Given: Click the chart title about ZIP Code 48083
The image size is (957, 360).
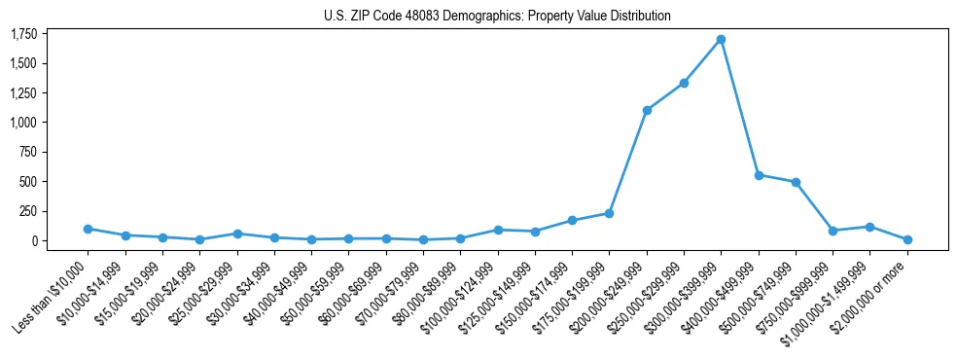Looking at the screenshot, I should (x=497, y=16).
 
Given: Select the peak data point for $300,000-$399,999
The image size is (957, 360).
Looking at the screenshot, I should (x=721, y=40).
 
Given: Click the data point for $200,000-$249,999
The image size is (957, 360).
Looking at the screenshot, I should (x=647, y=110).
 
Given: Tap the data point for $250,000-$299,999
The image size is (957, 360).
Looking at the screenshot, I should (x=684, y=83).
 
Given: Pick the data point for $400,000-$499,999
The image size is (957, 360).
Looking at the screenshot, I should (x=759, y=175).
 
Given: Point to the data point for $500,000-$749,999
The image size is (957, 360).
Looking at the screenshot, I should (x=796, y=182).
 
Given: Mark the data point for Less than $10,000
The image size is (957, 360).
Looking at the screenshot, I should (x=88, y=229).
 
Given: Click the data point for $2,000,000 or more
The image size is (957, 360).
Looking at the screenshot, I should (x=907, y=239).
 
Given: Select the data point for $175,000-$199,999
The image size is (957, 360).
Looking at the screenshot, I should (x=609, y=213).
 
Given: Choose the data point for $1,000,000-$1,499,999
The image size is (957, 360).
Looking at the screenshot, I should (x=870, y=227).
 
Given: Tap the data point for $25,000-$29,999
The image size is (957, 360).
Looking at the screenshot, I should (x=237, y=234).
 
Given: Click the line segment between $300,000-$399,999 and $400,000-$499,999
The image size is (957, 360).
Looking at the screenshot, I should (x=739, y=107).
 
